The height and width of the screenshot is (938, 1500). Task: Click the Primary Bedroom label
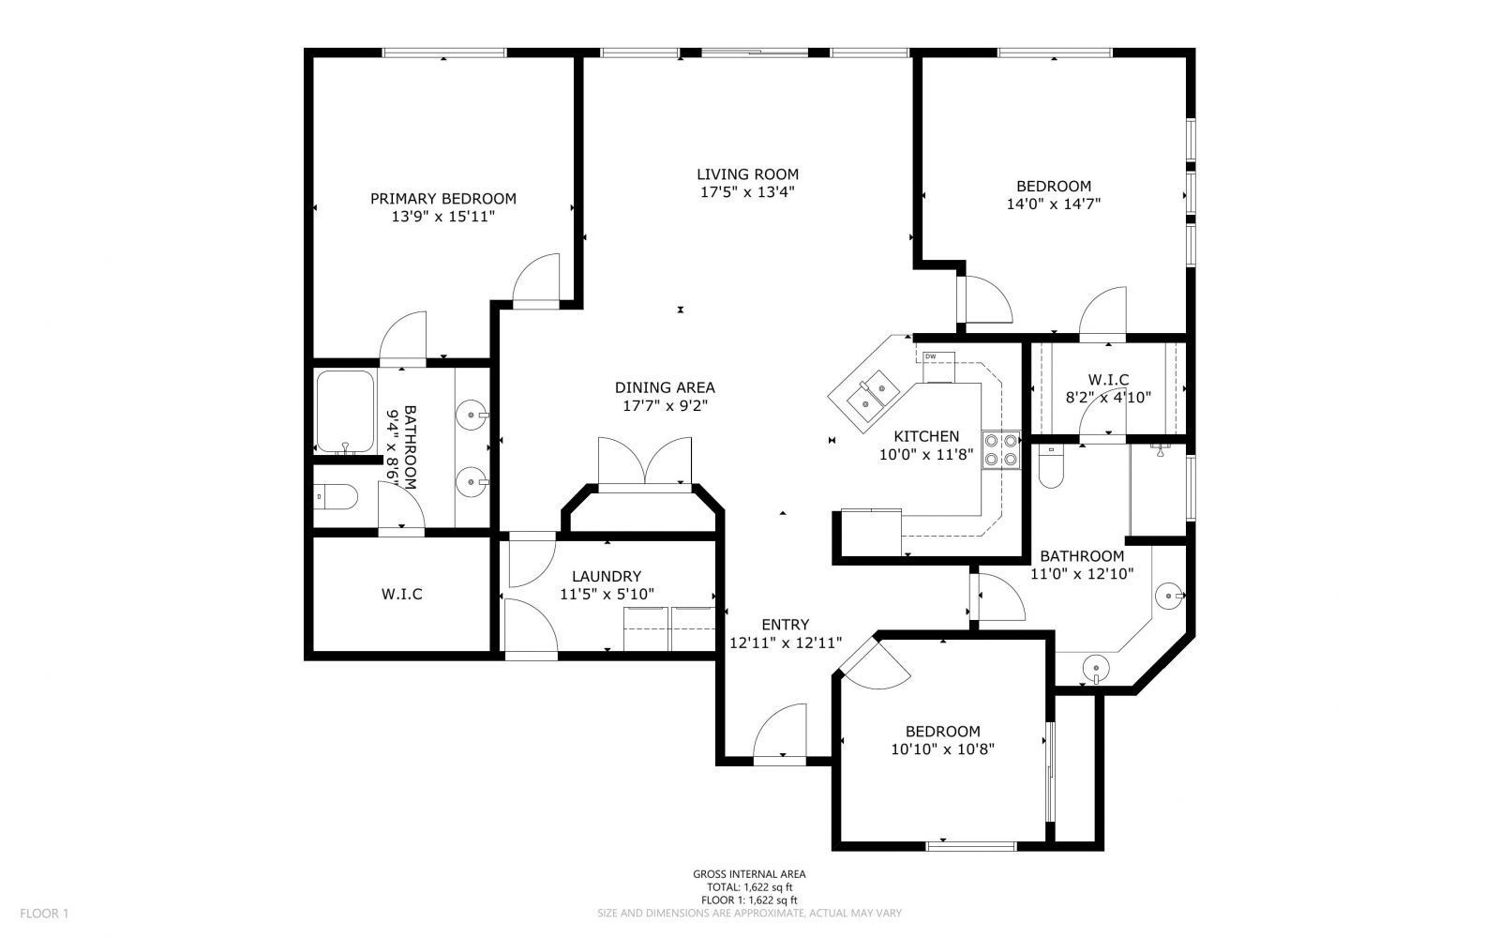pyautogui.click(x=442, y=199)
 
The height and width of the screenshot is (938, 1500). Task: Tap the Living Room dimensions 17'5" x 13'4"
pyautogui.click(x=747, y=192)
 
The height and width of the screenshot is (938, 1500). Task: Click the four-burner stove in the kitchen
pyautogui.click(x=1000, y=448)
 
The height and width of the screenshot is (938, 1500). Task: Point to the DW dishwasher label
pyautogui.click(x=931, y=356)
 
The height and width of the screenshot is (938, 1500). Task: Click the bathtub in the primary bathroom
pyautogui.click(x=345, y=412)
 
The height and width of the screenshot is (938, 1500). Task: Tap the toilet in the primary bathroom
pyautogui.click(x=335, y=496)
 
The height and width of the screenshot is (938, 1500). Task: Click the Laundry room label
pyautogui.click(x=607, y=576)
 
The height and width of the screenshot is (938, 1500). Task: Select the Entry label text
pyautogui.click(x=785, y=625)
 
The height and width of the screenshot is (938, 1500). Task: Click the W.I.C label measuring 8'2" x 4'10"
pyautogui.click(x=1108, y=379)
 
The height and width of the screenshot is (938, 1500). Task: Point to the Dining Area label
pyautogui.click(x=665, y=387)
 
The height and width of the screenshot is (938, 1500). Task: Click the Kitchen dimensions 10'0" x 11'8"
pyautogui.click(x=925, y=455)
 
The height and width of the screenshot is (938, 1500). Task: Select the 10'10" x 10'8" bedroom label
pyautogui.click(x=942, y=732)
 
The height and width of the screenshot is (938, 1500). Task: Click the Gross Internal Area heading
pyautogui.click(x=749, y=874)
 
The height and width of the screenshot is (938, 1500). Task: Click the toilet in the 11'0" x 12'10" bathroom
pyautogui.click(x=1050, y=467)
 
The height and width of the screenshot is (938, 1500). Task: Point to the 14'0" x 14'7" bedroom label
pyautogui.click(x=1054, y=186)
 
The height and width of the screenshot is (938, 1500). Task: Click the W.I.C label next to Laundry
pyautogui.click(x=401, y=594)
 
